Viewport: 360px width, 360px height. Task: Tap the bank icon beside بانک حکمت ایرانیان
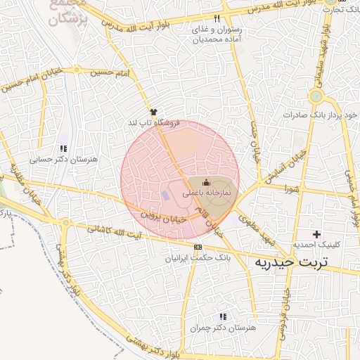(197, 247)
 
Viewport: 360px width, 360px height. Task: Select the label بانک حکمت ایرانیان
(198, 257)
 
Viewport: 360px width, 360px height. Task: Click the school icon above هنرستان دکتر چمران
(223, 316)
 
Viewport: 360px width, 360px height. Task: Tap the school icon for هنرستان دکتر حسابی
(64, 149)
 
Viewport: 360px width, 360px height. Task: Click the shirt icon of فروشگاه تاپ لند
(153, 112)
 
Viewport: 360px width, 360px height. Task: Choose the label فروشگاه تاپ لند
(153, 123)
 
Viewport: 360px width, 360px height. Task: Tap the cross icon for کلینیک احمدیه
(317, 233)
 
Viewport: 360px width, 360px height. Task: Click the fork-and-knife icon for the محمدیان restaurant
(217, 18)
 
